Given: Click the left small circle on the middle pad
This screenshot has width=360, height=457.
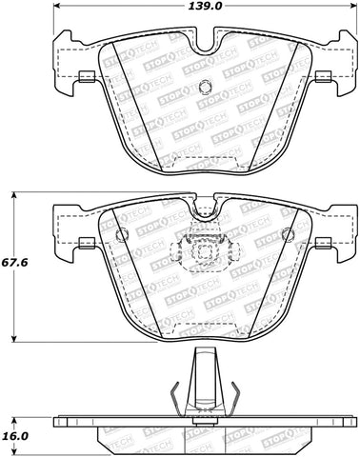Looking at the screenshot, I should [120, 234].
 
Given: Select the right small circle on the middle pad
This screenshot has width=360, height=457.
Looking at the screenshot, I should [284, 234].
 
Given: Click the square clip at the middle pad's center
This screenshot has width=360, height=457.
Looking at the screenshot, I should [202, 253].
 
